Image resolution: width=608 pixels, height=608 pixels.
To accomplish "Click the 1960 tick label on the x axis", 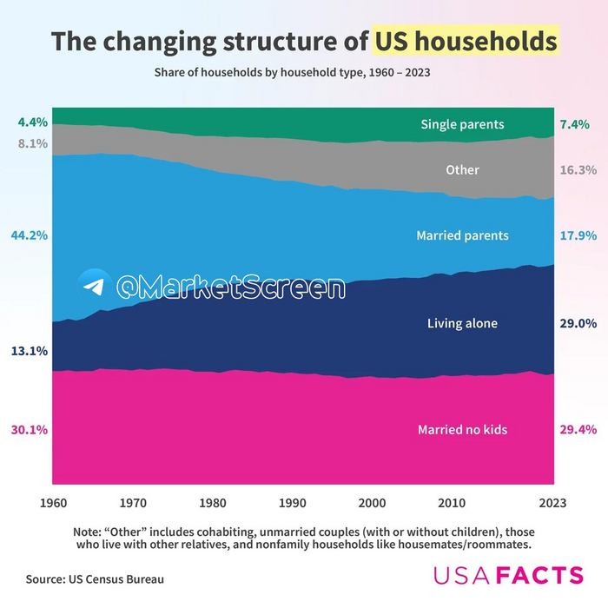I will pos(53,502).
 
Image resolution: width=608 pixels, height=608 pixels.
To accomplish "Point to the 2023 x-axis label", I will pos(553,502).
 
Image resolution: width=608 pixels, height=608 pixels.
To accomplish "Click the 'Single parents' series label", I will pos(462,124).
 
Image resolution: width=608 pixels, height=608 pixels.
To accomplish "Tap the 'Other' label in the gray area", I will pos(462,169).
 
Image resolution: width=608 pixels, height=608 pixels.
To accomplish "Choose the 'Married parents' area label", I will pos(462,235).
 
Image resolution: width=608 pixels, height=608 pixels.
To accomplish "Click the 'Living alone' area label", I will pos(462,324).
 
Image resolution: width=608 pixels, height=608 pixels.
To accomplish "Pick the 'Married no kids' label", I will pos(462,430).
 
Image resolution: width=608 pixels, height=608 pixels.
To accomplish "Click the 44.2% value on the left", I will pos(30,235).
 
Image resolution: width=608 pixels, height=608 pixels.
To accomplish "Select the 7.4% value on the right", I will pos(575,125).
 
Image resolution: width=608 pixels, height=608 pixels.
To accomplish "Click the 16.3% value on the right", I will pos(578,170).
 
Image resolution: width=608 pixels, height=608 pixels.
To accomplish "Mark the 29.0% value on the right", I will pos(578,324).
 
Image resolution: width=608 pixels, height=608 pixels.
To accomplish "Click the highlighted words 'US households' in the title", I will pos(466,42).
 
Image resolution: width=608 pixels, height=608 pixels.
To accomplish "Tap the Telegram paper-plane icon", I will pos(94,286).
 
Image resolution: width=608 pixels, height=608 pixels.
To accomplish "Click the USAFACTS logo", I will pos(508,575).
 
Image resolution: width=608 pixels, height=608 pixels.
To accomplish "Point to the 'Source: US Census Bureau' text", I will pos(95,578).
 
